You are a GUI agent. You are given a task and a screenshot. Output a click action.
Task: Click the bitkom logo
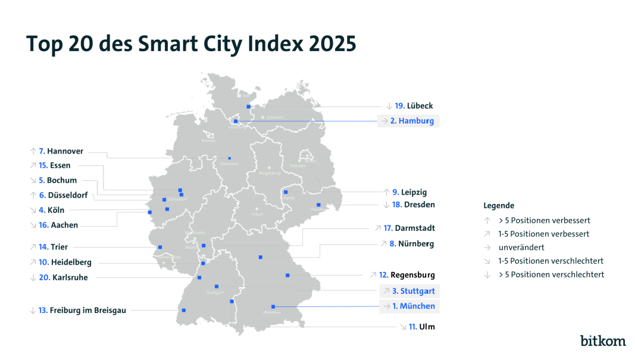603,340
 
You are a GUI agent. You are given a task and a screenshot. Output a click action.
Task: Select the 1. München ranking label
413,306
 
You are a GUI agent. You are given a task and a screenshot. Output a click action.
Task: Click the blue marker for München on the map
273,306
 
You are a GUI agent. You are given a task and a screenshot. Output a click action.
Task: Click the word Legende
499,205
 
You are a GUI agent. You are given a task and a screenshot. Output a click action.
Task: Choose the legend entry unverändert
521,247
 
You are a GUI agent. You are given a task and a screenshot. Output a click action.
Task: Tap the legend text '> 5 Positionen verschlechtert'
551,274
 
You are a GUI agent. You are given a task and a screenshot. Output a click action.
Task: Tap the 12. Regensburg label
406,275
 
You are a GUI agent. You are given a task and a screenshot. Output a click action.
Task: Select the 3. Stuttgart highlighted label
413,292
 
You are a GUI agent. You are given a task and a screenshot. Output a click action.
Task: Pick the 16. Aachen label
58,226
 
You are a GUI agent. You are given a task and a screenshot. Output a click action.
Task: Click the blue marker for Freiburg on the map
184,310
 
